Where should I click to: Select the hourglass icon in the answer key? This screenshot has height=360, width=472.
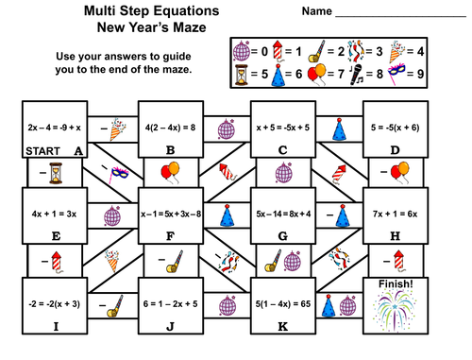[244, 71]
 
